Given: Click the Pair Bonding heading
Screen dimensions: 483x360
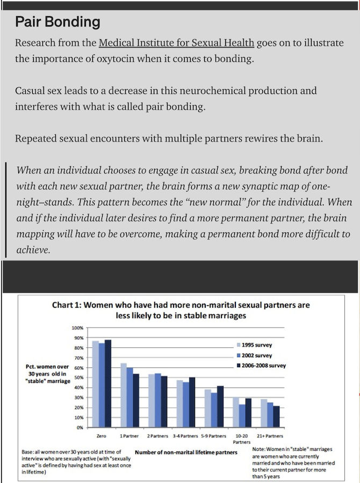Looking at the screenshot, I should point(57,22).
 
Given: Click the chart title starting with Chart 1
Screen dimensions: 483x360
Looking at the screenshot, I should point(181,310).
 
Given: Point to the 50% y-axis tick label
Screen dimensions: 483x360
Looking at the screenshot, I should point(78,378).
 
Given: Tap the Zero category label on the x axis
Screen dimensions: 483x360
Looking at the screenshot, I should point(101,435).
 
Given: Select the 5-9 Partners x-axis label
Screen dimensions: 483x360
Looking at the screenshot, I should point(214,435).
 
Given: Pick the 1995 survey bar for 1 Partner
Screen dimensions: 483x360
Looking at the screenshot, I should point(123,395).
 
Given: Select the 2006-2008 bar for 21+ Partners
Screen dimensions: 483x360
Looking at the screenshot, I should point(276,417).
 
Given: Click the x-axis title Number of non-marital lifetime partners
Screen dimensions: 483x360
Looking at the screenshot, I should point(186,452).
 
